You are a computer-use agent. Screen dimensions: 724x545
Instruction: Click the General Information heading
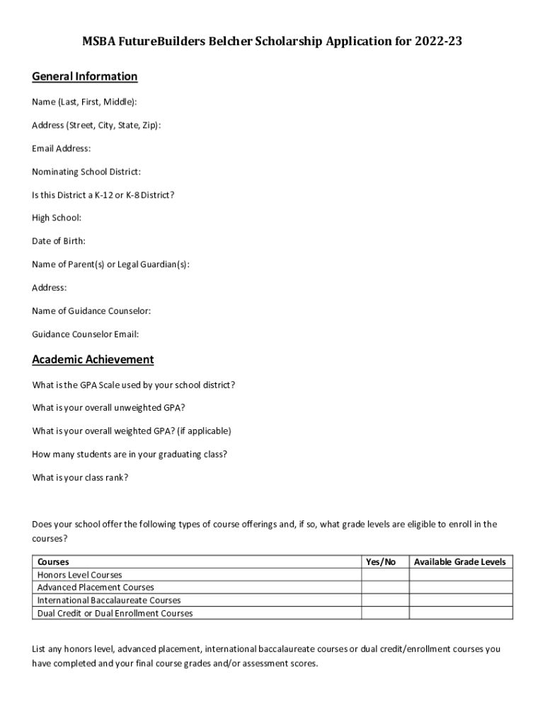[84, 77]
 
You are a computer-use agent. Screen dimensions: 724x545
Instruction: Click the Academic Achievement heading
[93, 360]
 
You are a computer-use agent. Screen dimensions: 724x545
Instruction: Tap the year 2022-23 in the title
[438, 42]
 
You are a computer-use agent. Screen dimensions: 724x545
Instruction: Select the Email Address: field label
[62, 148]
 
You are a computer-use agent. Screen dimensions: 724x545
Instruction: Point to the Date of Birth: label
[59, 241]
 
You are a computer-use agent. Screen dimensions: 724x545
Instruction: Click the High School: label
[57, 218]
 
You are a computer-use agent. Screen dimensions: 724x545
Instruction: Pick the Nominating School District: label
[86, 172]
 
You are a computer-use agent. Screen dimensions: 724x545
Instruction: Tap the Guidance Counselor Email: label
[85, 334]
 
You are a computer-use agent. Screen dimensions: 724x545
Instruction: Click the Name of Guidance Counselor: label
[91, 311]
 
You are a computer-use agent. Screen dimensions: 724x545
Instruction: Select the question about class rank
[80, 477]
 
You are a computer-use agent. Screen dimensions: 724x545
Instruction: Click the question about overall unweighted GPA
[109, 408]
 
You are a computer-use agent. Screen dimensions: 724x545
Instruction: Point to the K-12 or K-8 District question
[103, 195]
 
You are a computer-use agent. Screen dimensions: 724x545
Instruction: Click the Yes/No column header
[381, 562]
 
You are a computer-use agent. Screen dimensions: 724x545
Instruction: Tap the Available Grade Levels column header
[460, 562]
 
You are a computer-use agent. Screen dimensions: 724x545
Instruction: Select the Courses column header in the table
[53, 562]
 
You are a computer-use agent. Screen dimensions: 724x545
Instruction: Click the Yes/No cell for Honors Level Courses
[385, 575]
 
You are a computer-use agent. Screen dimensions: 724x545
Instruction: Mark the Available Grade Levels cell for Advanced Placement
[461, 588]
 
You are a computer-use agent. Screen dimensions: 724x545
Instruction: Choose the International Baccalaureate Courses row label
[109, 600]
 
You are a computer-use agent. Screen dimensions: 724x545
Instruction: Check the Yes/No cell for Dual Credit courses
[385, 613]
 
